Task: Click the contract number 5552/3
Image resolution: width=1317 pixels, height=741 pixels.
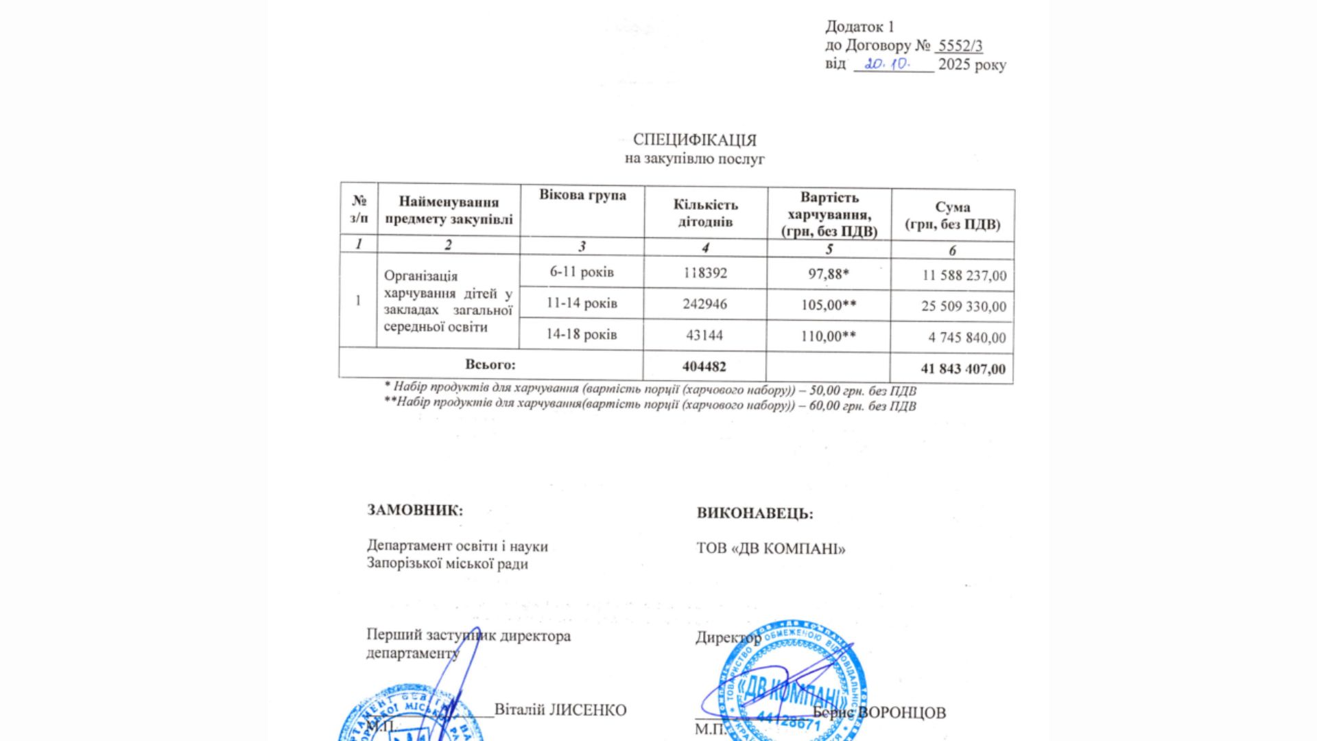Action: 960,46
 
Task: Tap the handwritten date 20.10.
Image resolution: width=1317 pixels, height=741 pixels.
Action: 887,64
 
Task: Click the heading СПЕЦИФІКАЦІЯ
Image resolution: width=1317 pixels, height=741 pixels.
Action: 694,140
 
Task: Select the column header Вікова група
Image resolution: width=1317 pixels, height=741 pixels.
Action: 582,196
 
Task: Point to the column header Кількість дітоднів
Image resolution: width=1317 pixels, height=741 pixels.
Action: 705,213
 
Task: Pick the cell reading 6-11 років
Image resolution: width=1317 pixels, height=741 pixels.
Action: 582,272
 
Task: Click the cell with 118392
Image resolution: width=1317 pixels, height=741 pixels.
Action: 705,273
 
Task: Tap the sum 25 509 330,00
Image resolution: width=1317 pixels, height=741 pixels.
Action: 964,306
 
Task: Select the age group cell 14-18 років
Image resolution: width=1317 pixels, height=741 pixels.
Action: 582,335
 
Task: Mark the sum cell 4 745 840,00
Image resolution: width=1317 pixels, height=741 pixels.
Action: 967,338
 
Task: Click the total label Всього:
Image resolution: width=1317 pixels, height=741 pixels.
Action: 490,364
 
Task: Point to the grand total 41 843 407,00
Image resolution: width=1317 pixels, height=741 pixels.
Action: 963,369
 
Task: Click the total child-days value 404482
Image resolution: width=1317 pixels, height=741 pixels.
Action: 704,367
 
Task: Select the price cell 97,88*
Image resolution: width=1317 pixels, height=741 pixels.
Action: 829,274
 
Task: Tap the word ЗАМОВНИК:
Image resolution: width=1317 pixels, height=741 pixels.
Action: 415,510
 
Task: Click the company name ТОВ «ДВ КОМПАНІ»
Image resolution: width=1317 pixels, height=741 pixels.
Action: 771,549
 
